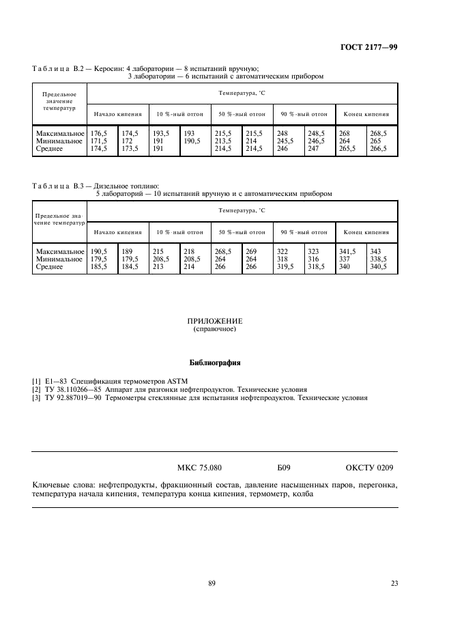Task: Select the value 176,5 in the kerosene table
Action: pyautogui.click(x=100, y=133)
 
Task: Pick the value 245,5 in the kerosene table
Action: pyautogui.click(x=287, y=141)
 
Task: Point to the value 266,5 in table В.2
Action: pyautogui.click(x=378, y=148)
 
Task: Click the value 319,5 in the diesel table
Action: pyautogui.click(x=287, y=267)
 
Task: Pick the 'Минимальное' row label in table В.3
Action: pyautogui.click(x=59, y=259)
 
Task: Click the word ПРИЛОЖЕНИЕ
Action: pyautogui.click(x=215, y=321)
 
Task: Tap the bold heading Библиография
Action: pyautogui.click(x=215, y=363)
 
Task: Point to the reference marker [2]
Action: pyautogui.click(x=37, y=388)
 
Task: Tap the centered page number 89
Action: pyautogui.click(x=212, y=583)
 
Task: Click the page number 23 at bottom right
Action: pyautogui.click(x=394, y=583)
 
